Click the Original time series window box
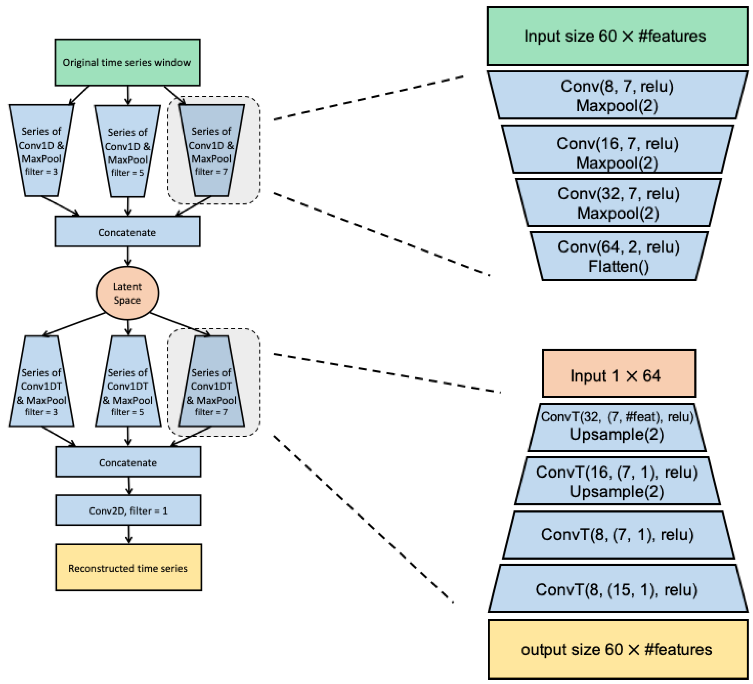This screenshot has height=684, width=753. point(127,62)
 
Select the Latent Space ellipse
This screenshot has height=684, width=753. point(127,293)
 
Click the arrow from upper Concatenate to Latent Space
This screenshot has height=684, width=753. point(128,256)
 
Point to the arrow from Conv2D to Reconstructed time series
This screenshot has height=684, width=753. point(129,534)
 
